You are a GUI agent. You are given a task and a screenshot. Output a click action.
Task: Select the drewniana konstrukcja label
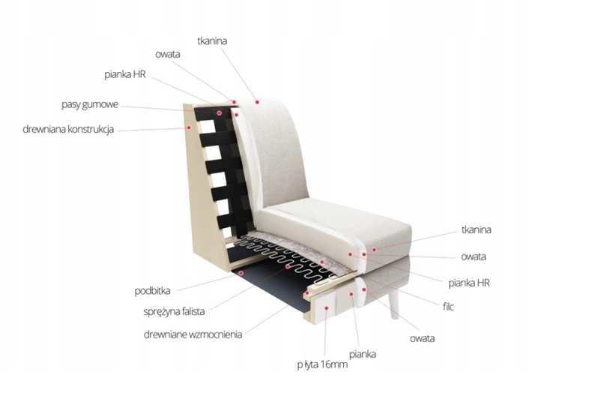[68, 130]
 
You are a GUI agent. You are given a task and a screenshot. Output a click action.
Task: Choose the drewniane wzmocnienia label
[193, 334]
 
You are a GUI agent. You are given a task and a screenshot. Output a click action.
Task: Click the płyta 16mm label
[322, 365]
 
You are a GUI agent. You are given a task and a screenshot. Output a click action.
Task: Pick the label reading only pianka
[362, 352]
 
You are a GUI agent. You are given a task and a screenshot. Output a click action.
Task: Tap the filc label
[448, 306]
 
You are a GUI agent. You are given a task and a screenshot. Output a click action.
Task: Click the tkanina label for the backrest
[212, 40]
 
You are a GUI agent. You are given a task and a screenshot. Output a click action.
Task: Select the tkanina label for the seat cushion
[477, 230]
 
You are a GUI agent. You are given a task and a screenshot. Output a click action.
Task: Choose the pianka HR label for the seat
[469, 283]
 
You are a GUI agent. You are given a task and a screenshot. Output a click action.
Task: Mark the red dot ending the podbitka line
[241, 274]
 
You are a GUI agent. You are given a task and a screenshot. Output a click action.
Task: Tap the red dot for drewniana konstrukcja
[190, 127]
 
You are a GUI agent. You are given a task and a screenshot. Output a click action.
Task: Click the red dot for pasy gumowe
[220, 113]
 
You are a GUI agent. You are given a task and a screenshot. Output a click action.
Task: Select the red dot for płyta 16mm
[327, 306]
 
